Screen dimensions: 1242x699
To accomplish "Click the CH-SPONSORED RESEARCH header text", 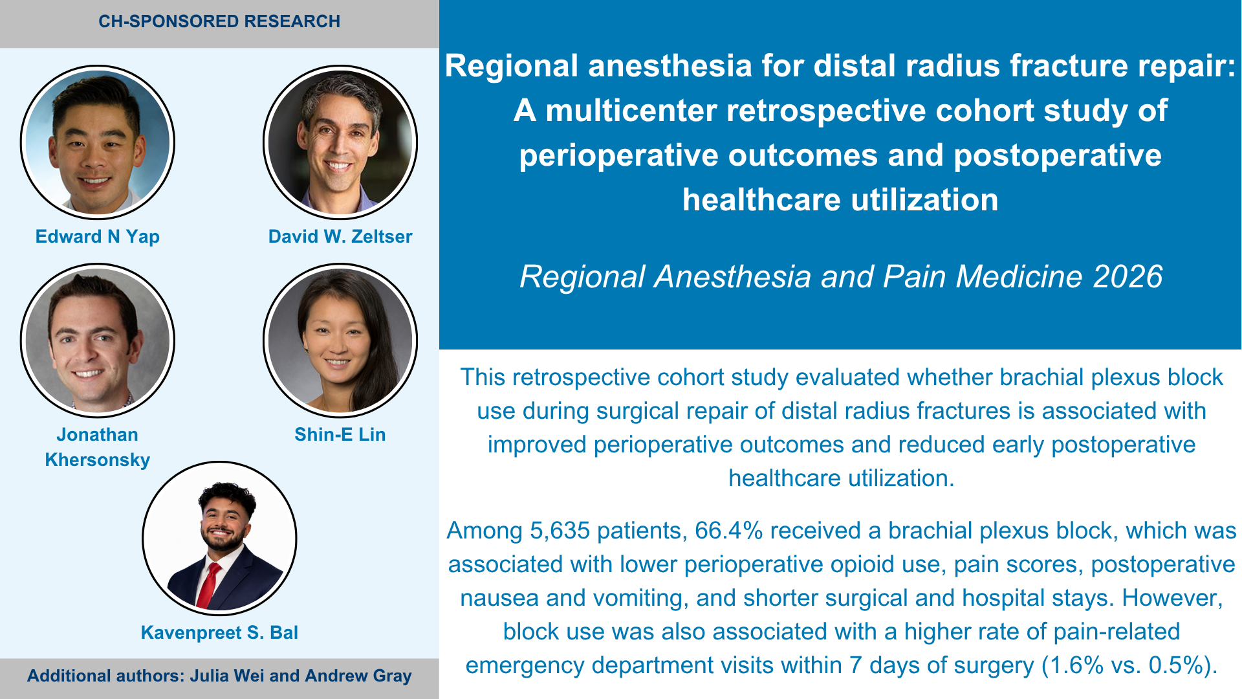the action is coord(219,21).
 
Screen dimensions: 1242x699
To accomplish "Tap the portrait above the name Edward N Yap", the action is coord(98,142).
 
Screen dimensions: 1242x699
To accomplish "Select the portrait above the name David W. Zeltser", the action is coord(340,142).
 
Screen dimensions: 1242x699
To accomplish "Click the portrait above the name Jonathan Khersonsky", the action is coord(98,340).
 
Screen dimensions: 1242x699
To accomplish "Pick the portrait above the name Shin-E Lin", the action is coord(340,340).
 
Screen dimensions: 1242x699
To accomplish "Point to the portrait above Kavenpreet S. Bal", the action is coord(219,538).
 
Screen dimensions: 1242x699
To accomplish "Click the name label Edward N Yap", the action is coord(98,237).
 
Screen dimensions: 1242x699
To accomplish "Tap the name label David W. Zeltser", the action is coord(340,237).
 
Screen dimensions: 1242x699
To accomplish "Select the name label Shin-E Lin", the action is coord(340,435).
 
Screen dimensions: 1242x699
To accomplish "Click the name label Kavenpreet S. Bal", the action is coord(219,633).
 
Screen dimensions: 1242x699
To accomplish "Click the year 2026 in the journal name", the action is coord(1128,277).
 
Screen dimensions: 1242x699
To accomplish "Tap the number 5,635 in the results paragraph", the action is coord(560,531).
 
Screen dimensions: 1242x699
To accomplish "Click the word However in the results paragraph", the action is coord(1172,598).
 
